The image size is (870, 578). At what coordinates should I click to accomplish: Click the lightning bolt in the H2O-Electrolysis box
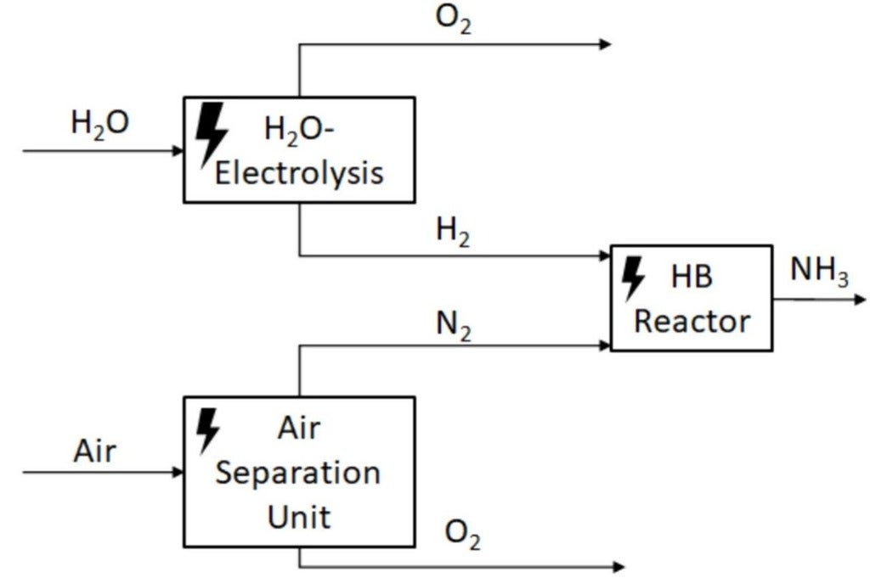(x=211, y=135)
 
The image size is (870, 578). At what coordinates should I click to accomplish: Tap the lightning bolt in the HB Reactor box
(x=633, y=278)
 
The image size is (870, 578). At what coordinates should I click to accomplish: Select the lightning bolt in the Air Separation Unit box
(x=207, y=430)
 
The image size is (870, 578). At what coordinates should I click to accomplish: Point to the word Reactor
(x=692, y=322)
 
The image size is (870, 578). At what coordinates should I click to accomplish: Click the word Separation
(x=297, y=473)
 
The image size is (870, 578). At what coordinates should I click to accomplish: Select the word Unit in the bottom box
(x=299, y=515)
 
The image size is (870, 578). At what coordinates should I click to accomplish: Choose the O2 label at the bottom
(x=463, y=537)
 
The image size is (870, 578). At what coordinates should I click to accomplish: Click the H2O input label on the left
(x=99, y=124)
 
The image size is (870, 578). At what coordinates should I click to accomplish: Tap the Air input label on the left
(x=94, y=451)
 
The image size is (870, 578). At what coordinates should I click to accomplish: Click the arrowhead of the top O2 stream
(x=605, y=44)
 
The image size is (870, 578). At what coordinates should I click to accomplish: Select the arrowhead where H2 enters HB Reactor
(x=605, y=255)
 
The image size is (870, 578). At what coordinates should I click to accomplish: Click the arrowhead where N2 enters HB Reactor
(x=605, y=345)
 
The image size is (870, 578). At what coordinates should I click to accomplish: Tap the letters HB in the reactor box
(x=692, y=278)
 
